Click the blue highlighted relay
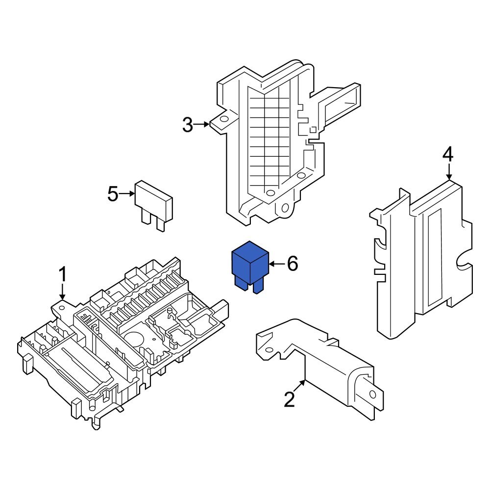(x=250, y=267)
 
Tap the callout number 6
(x=292, y=264)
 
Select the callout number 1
(x=62, y=275)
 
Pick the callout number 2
(x=290, y=400)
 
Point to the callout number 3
(x=188, y=125)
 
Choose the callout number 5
(x=113, y=194)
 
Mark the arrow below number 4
(x=448, y=171)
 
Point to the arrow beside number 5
(x=127, y=194)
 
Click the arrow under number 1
(x=62, y=292)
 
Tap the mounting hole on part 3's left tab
(x=223, y=119)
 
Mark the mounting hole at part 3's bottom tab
(x=284, y=209)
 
